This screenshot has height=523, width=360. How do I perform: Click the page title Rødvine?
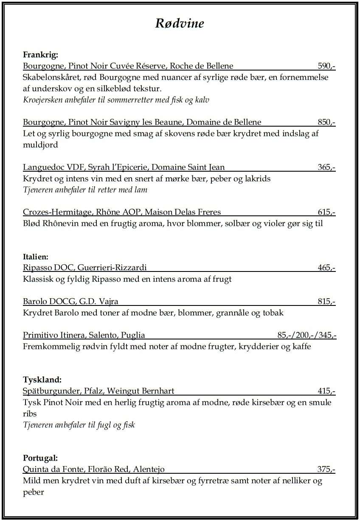(x=180, y=23)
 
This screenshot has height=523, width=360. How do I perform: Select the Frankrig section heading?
(x=40, y=55)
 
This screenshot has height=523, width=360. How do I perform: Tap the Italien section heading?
(x=36, y=257)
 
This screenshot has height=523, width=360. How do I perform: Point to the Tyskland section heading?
(x=42, y=379)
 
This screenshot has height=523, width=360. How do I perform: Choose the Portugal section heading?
(x=40, y=458)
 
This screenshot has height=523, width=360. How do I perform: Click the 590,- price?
(x=326, y=66)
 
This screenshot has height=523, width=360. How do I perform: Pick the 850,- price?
(x=326, y=122)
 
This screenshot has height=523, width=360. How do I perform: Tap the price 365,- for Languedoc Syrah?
(x=326, y=167)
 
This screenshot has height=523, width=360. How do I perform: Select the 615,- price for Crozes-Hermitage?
(x=326, y=212)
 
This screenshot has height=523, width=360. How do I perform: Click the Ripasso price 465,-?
(x=326, y=268)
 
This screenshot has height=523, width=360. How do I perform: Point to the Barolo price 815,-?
(x=326, y=302)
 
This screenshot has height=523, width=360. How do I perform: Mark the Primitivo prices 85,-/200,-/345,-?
(x=307, y=335)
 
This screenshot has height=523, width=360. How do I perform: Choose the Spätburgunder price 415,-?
(x=326, y=391)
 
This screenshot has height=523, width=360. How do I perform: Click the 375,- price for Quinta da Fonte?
(x=326, y=469)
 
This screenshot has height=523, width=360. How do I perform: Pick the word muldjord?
(x=40, y=145)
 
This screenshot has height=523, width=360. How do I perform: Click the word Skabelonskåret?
(x=50, y=78)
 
